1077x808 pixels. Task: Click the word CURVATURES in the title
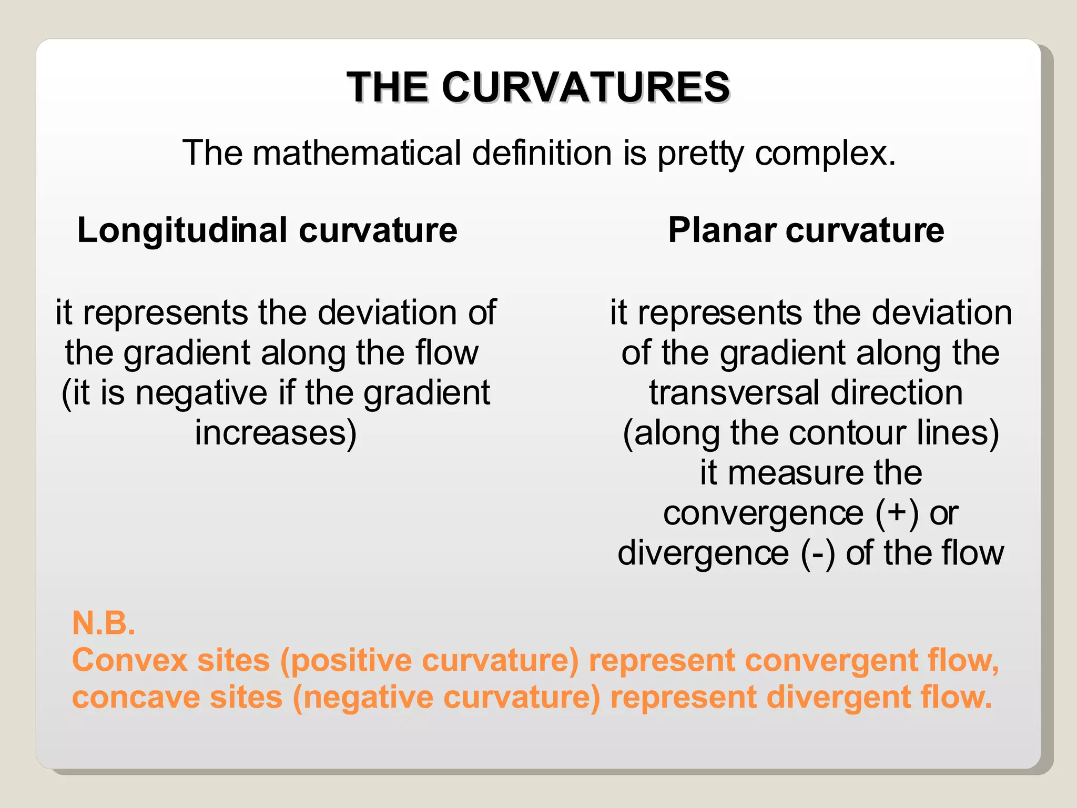(x=585, y=87)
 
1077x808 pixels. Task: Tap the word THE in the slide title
(x=389, y=87)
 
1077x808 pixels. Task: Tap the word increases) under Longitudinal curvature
(x=276, y=433)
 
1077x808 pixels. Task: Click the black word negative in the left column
(x=201, y=393)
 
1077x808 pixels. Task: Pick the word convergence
(x=763, y=513)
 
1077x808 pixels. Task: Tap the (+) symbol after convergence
(x=897, y=513)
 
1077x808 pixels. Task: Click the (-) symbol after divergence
(x=818, y=553)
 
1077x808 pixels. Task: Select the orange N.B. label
(x=104, y=623)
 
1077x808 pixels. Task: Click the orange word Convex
(x=130, y=660)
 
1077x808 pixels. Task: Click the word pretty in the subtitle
(x=700, y=153)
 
